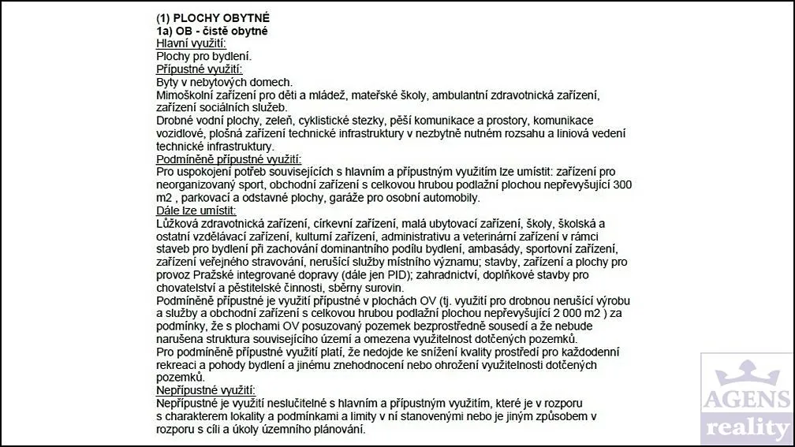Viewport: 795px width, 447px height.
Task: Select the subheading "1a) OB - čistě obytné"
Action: coord(211,31)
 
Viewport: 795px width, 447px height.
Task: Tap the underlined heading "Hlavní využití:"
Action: coord(192,43)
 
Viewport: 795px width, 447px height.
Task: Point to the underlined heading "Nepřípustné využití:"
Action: coord(206,391)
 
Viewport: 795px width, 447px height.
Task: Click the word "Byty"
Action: coord(169,82)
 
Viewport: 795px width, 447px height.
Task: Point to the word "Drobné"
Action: coord(176,121)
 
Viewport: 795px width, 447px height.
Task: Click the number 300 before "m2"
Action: coord(623,184)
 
